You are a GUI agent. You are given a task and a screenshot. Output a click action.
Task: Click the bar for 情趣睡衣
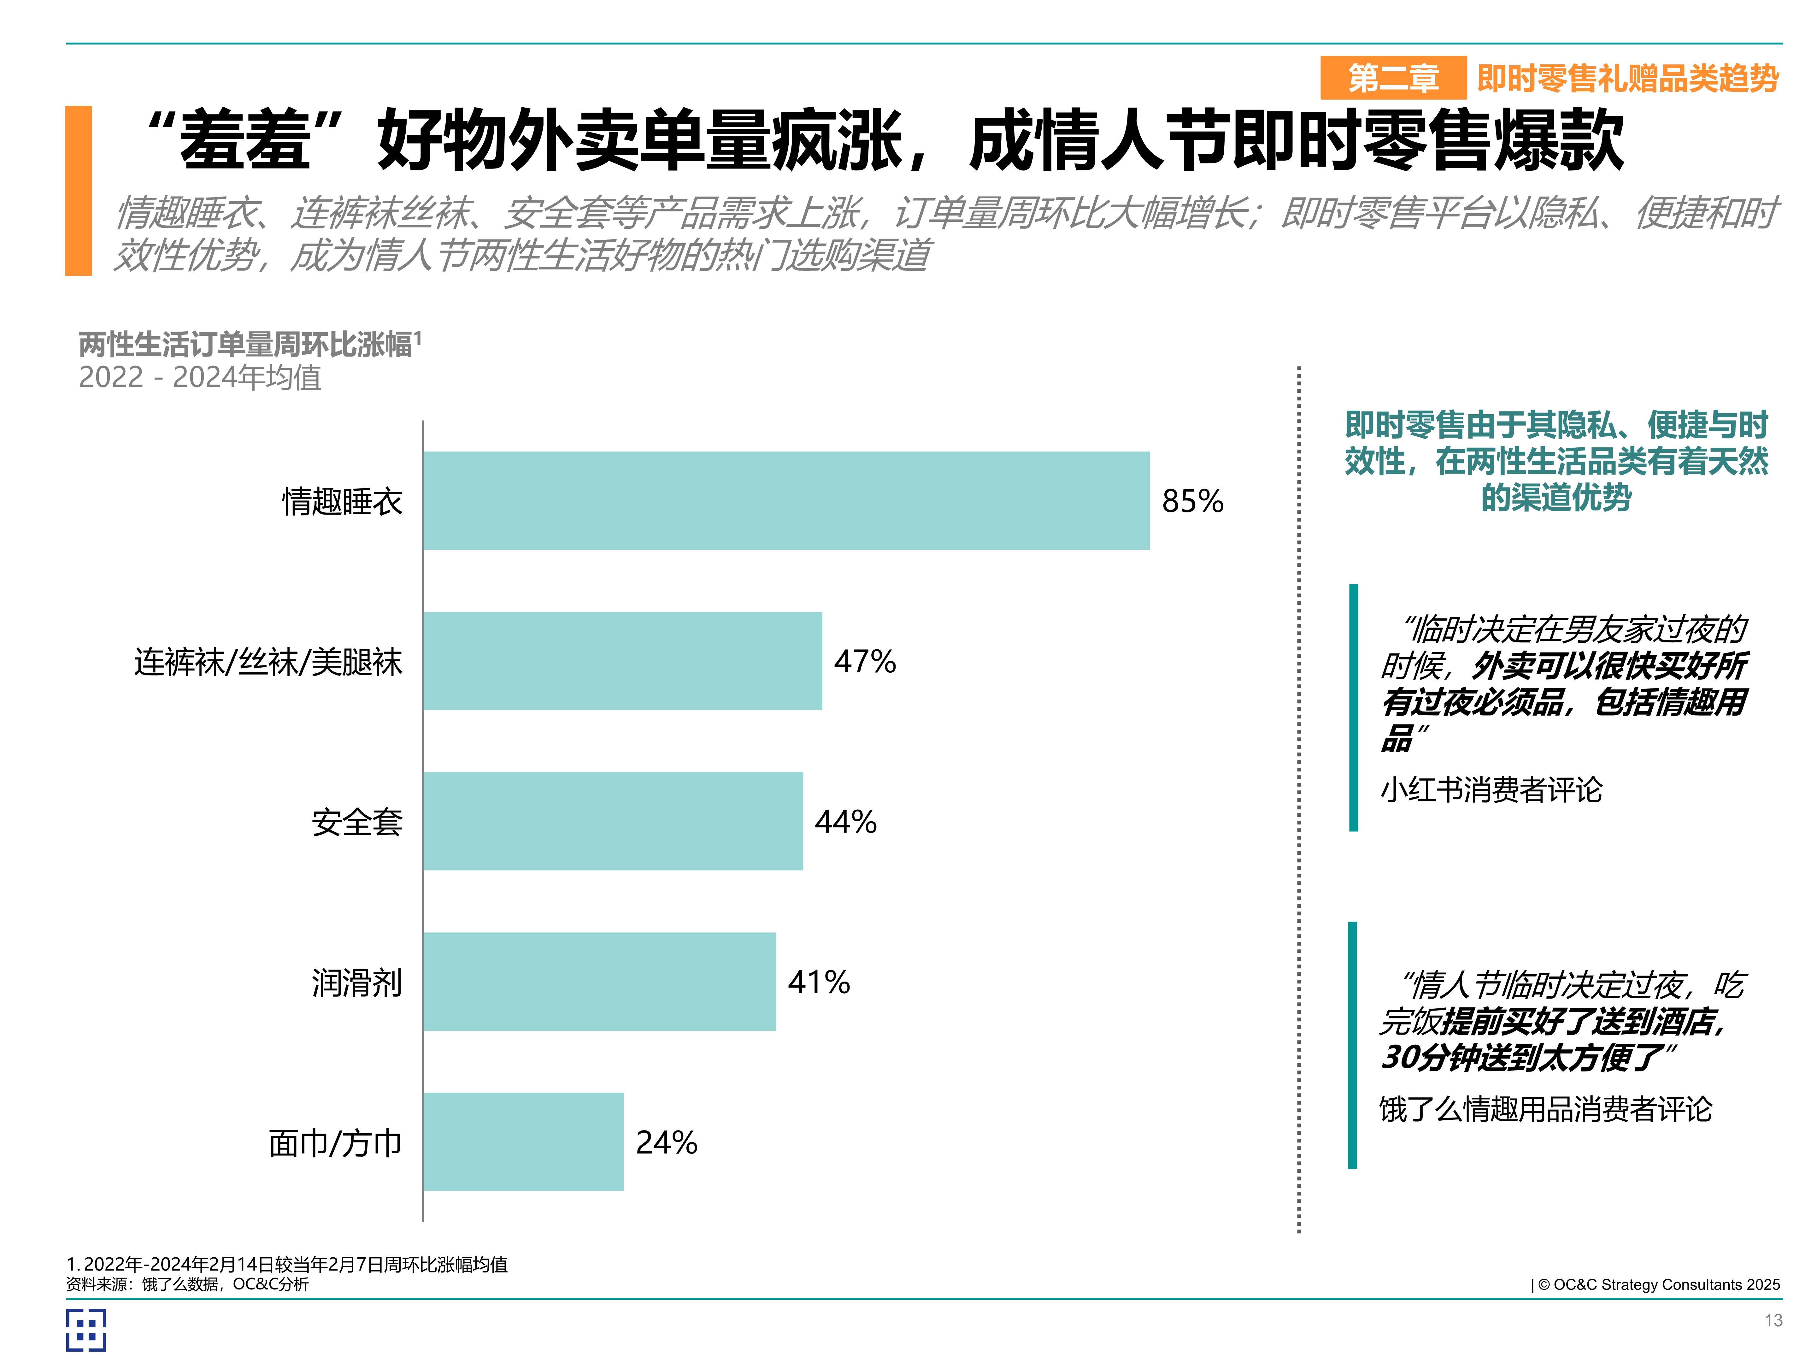pyautogui.click(x=786, y=500)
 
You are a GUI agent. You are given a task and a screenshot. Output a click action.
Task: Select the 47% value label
pyautogui.click(x=864, y=661)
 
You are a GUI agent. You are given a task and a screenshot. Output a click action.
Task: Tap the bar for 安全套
pyautogui.click(x=613, y=821)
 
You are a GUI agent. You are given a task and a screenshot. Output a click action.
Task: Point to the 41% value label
pyautogui.click(x=818, y=982)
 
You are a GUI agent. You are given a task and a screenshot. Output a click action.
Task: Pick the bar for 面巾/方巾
pyautogui.click(x=523, y=1141)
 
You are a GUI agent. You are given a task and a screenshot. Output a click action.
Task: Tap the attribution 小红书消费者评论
pyautogui.click(x=1491, y=789)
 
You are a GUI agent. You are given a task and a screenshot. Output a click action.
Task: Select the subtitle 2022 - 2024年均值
pyautogui.click(x=200, y=377)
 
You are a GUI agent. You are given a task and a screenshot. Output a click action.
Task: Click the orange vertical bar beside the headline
pyautogui.click(x=79, y=191)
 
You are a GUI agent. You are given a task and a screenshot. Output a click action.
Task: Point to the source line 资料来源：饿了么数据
pyautogui.click(x=187, y=1284)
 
